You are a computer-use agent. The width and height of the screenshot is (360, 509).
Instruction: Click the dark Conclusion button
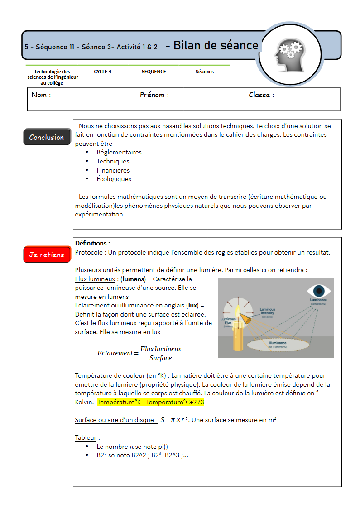pos(47,137)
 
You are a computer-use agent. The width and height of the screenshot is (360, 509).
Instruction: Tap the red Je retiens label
pos(47,254)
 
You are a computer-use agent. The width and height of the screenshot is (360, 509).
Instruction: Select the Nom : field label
pos(41,95)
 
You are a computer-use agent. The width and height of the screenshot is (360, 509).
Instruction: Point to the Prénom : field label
pos(154,95)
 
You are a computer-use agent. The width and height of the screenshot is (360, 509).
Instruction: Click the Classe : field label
pos(261,95)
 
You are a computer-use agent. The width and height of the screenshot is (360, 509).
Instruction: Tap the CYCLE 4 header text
pos(103,72)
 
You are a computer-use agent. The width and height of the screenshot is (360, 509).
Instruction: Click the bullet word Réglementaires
pos(119,152)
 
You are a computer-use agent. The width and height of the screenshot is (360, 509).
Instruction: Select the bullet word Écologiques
pos(114,179)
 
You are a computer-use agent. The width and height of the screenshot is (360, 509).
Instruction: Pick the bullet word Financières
pos(113,170)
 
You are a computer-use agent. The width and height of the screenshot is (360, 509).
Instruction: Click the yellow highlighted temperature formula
pos(150,402)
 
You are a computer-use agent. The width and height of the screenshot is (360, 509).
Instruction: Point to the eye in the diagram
pos(319,290)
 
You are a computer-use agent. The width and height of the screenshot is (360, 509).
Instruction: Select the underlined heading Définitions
pos(92,243)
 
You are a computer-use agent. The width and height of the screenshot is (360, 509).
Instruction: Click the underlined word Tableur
pos(86,437)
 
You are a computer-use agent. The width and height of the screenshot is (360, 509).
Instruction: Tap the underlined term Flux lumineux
pos(95,279)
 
